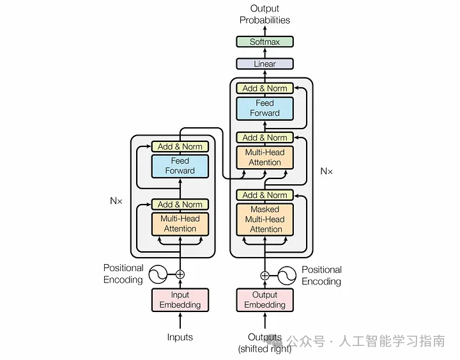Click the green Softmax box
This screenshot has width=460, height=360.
264,42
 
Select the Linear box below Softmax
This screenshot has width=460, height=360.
264,64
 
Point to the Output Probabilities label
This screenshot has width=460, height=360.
264,14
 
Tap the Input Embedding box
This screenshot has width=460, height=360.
180,300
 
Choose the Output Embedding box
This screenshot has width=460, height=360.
264,300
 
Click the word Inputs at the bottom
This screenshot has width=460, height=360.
180,337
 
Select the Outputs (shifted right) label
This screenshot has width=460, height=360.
264,343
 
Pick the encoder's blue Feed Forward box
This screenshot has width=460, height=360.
180,166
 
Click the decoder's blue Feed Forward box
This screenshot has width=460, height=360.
264,107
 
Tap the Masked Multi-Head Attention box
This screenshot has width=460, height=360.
265,219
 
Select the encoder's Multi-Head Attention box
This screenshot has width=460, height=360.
180,223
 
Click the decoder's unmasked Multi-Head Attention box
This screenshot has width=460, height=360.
264,157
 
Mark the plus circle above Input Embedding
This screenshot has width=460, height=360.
180,274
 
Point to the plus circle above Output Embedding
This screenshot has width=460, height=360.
264,276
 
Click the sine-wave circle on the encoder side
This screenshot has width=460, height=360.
157,275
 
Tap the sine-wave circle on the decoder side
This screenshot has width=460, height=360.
287,276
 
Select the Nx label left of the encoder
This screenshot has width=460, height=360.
116,200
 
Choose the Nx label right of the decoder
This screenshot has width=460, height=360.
326,171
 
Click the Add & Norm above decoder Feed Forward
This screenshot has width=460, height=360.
264,88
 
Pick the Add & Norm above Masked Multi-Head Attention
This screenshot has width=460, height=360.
264,195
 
